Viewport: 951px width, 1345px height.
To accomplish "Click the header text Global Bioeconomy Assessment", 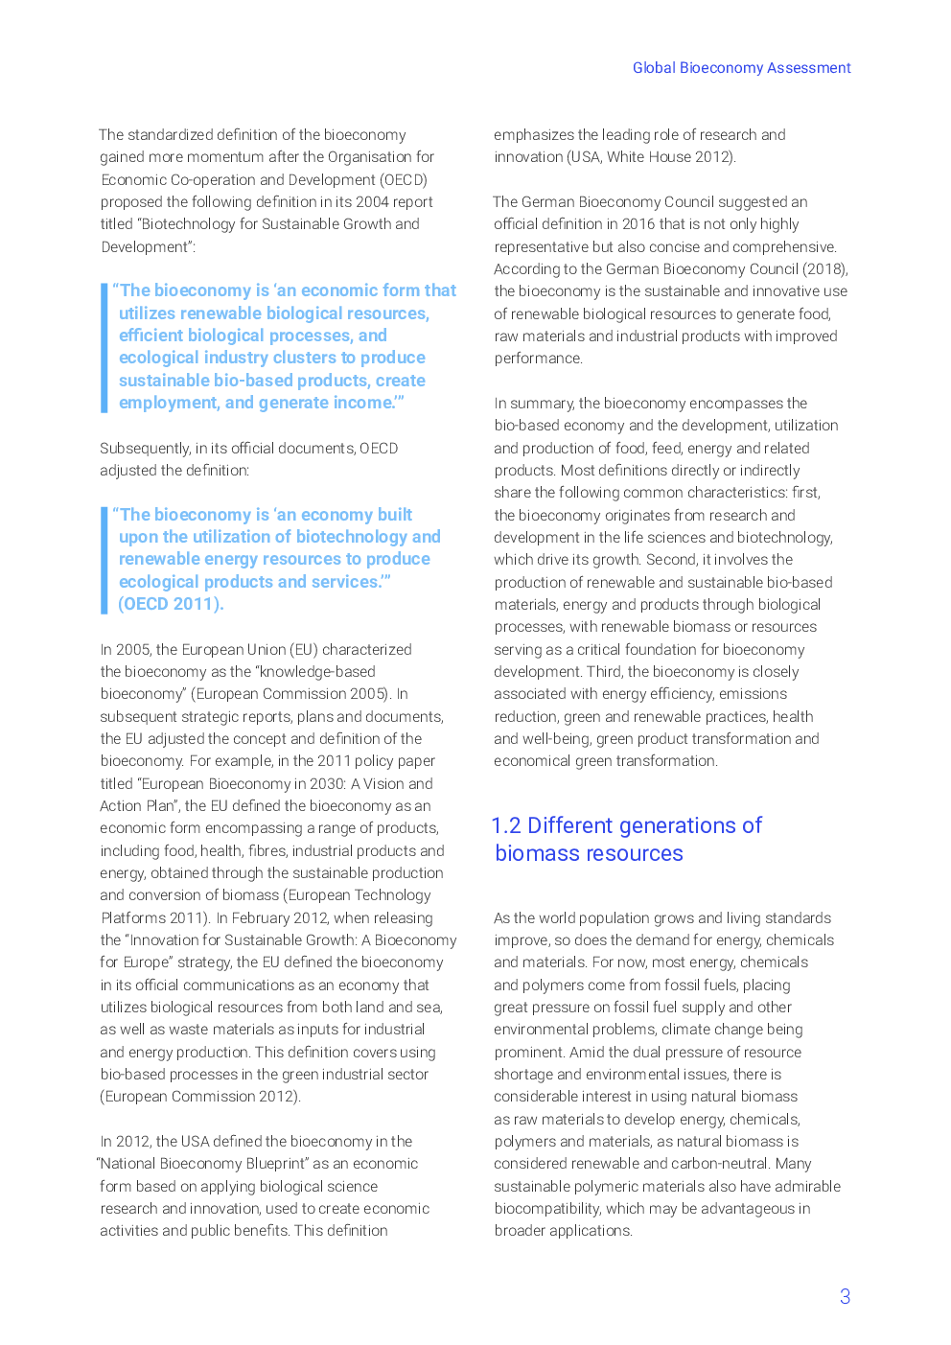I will tap(741, 68).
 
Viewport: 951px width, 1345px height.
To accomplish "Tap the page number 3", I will tap(845, 1297).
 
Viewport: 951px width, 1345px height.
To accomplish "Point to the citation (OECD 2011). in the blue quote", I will tap(171, 604).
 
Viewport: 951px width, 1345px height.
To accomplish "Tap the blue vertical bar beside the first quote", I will tap(104, 347).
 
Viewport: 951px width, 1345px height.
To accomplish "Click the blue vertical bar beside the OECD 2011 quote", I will tap(104, 560).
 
